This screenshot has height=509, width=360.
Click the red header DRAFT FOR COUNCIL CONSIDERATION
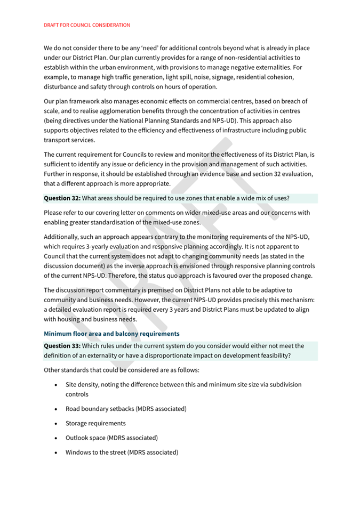click(x=87, y=25)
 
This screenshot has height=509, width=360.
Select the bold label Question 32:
click(x=62, y=198)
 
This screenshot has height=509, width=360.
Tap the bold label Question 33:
click(x=62, y=345)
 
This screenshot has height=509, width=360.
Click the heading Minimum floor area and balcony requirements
click(x=111, y=334)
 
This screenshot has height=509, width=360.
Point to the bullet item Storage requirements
click(x=95, y=423)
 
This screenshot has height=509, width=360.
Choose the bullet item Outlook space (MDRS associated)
click(x=111, y=438)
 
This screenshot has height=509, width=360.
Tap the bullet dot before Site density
click(x=57, y=384)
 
